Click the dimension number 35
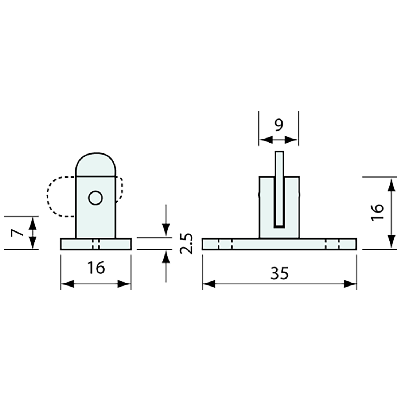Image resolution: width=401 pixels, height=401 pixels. pos(280,273)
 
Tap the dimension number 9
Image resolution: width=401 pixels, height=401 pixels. pos(279,125)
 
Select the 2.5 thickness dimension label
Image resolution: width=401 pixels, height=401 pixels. pos(186,244)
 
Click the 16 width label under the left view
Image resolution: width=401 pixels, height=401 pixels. pos(96,268)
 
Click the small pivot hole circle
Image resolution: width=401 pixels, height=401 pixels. pos(96,198)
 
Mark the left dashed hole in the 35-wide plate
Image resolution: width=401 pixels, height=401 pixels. pos(225,244)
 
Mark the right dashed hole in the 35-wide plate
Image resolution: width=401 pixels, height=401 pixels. pos(332,244)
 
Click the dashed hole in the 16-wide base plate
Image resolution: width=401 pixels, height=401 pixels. pos(96,244)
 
